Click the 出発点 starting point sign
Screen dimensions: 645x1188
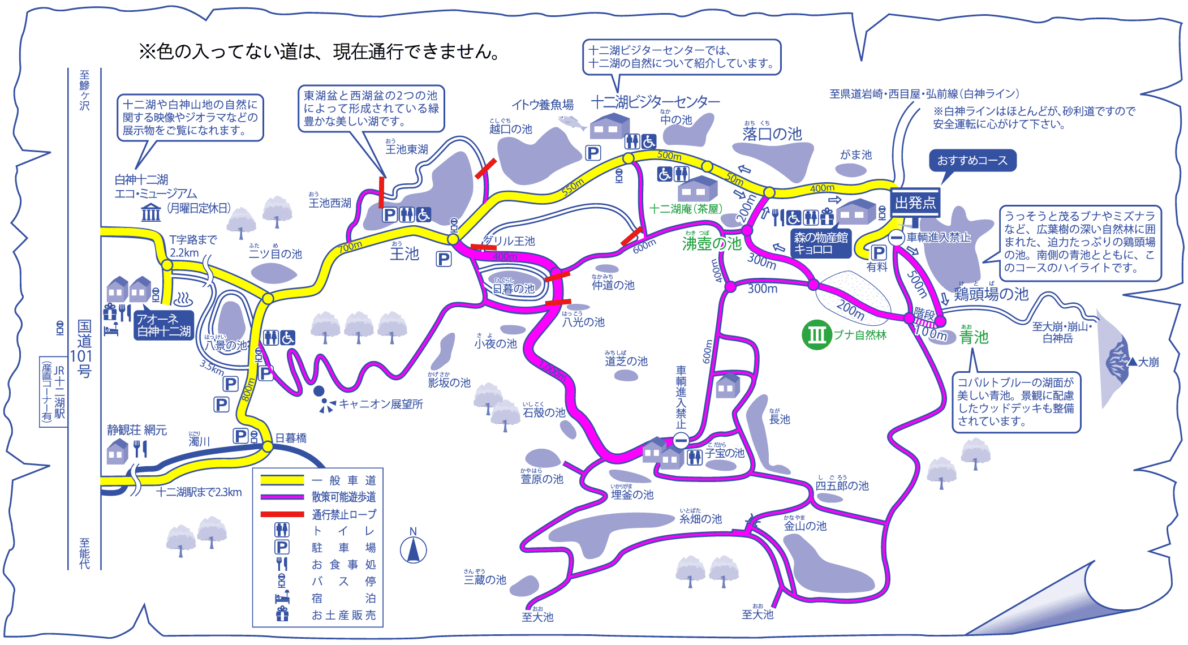(915, 203)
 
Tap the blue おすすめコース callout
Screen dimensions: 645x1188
(972, 161)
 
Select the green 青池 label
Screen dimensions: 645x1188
(974, 337)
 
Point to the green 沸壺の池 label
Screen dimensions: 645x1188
(712, 243)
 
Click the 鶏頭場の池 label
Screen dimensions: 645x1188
(991, 294)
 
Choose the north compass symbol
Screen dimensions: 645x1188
(414, 549)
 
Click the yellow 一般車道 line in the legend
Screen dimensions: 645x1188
(282, 480)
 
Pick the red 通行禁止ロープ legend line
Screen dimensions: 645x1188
(282, 514)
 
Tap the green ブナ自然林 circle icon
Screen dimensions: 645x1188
(816, 335)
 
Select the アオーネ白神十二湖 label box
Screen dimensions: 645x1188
(164, 325)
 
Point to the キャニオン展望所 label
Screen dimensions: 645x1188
(381, 404)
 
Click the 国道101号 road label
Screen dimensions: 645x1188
(84, 349)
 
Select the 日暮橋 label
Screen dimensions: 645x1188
(291, 438)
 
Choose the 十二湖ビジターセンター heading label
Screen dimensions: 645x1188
(656, 102)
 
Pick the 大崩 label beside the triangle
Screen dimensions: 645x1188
(1148, 362)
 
